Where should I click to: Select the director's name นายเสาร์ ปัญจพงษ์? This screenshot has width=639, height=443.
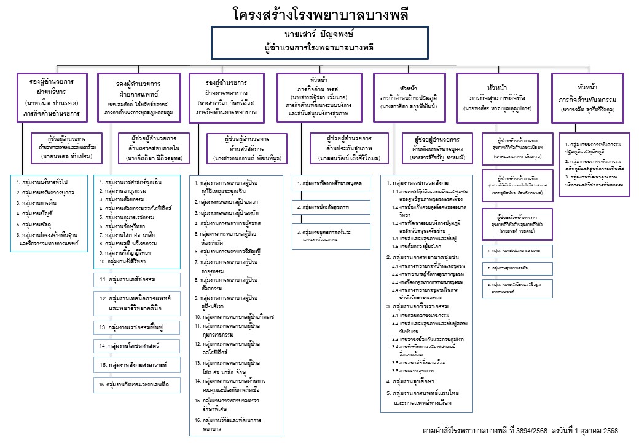(x=319, y=33)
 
